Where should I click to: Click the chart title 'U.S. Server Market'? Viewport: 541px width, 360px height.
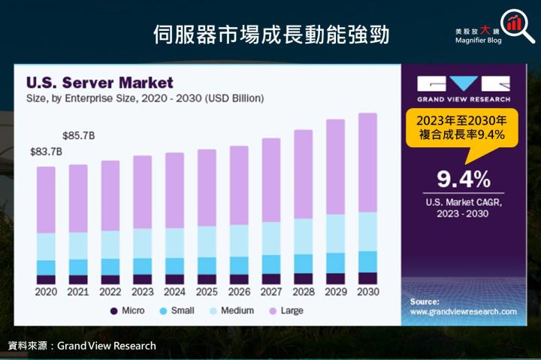pos(99,83)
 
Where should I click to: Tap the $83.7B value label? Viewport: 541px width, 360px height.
pos(46,151)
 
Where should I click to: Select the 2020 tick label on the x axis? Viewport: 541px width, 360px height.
pos(46,292)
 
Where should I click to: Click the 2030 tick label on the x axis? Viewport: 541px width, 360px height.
pos(367,292)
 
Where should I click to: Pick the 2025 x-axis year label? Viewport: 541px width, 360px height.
pos(207,292)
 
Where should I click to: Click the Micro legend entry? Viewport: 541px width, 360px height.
pos(130,310)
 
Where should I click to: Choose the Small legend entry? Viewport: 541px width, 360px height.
pos(178,310)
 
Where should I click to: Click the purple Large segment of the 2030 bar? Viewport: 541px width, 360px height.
pos(367,162)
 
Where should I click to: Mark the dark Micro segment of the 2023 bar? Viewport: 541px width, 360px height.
pos(142,279)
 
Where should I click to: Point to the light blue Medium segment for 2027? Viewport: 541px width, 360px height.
pos(271,237)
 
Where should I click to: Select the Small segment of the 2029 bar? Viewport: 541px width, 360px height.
pos(335,262)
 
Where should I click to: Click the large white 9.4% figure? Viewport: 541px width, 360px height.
pos(464,179)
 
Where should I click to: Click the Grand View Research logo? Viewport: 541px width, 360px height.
pos(464,89)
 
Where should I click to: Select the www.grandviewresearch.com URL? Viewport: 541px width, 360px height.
pos(464,311)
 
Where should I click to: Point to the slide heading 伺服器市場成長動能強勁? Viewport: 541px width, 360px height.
pos(270,34)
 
